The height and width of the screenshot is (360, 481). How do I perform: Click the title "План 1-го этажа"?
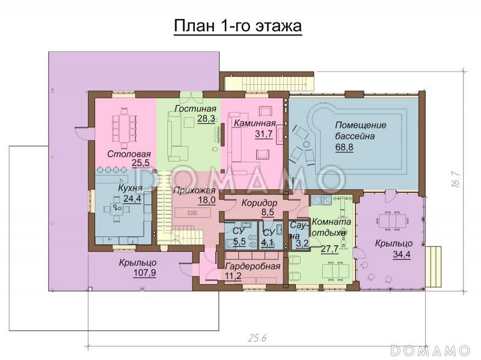[x=237, y=27]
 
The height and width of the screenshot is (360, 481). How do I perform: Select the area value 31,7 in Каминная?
[x=263, y=133]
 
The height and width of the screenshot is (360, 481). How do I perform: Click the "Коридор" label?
[x=259, y=202]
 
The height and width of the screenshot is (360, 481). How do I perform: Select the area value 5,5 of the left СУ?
[x=239, y=242]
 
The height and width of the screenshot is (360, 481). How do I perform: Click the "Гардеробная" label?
[x=253, y=266]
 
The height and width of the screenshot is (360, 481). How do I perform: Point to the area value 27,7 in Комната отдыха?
[x=329, y=248]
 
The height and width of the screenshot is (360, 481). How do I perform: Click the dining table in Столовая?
[x=125, y=128]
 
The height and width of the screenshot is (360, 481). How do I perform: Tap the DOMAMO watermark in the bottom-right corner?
[x=430, y=349]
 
